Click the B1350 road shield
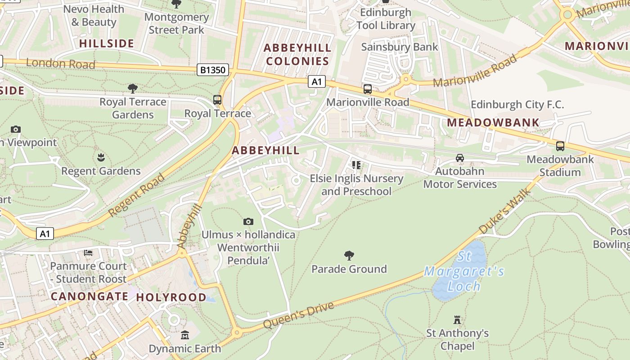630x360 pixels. (x=213, y=70)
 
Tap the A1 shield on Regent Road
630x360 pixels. (x=45, y=234)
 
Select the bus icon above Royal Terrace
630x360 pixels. (x=217, y=99)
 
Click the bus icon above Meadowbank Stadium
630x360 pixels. (x=560, y=146)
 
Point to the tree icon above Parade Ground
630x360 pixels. (x=349, y=256)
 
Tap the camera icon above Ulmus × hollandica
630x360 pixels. (x=248, y=221)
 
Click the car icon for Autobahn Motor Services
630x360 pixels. (x=459, y=158)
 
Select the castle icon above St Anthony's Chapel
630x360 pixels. (x=457, y=320)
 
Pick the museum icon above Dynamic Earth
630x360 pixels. (x=185, y=335)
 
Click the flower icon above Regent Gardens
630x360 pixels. (x=101, y=157)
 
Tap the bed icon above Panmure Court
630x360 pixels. (x=88, y=253)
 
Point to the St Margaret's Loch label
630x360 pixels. (x=464, y=271)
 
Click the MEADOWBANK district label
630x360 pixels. (x=493, y=122)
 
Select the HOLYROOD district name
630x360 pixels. (x=171, y=297)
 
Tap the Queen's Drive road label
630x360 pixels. (x=298, y=315)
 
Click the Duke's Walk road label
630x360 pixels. (x=504, y=212)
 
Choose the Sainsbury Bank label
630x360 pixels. (x=400, y=47)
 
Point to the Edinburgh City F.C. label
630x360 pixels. (x=517, y=105)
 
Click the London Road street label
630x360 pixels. (x=61, y=63)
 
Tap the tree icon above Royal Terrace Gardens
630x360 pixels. (x=132, y=88)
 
